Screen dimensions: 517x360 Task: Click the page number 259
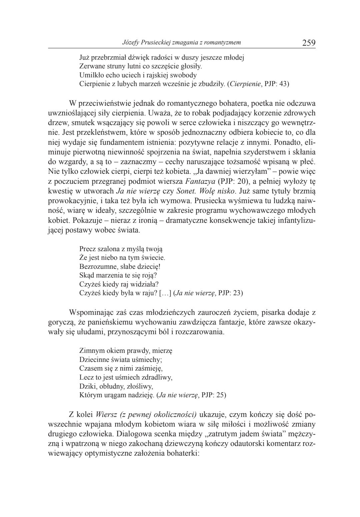pyautogui.click(x=309, y=43)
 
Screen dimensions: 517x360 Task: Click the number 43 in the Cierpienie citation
pyautogui.click(x=283, y=84)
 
